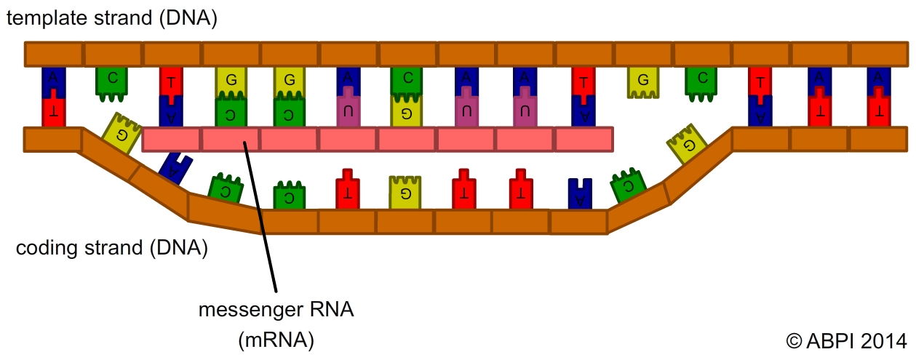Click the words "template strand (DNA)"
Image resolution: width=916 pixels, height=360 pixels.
(112, 19)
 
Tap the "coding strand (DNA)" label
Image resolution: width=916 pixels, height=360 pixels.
(112, 249)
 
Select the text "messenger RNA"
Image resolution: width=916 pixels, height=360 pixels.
(276, 311)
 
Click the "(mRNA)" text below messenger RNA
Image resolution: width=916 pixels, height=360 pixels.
(276, 340)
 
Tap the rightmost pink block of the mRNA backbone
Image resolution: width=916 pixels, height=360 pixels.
(584, 139)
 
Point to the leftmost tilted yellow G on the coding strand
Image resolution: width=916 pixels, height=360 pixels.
(119, 133)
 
